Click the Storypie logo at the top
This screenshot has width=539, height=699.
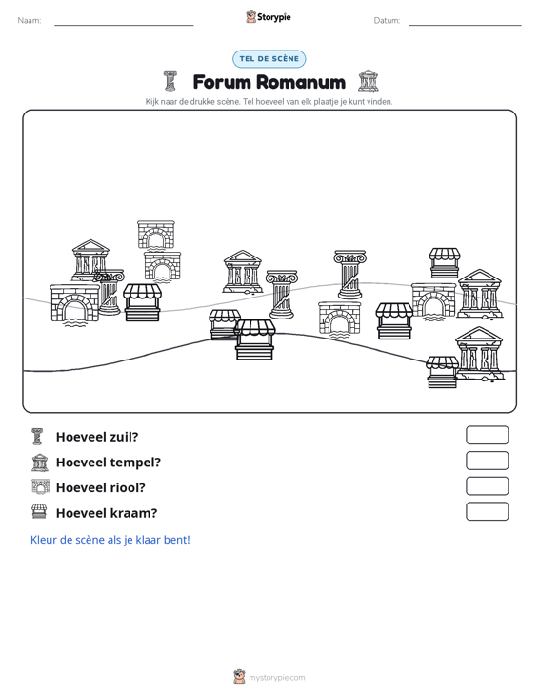click(269, 17)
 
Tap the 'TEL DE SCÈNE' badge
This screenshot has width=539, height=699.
click(269, 59)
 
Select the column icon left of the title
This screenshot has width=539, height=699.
click(170, 81)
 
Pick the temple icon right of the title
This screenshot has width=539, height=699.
click(369, 81)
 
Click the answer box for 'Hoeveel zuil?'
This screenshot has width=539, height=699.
click(488, 435)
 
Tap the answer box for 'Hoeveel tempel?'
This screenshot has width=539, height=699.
click(488, 461)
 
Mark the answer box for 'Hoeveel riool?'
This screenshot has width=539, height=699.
click(488, 486)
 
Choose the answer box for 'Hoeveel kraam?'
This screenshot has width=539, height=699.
click(488, 511)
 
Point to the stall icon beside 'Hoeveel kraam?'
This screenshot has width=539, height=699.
click(39, 512)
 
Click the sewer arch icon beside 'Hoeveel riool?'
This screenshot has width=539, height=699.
click(41, 486)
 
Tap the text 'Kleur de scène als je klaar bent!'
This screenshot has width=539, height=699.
click(110, 540)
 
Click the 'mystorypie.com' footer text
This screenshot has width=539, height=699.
click(277, 678)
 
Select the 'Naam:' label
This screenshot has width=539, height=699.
click(30, 21)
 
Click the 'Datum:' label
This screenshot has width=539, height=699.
click(387, 21)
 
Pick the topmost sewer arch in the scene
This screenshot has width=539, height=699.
click(156, 236)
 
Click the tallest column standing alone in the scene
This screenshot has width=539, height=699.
click(350, 274)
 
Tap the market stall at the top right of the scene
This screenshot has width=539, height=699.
click(445, 263)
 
